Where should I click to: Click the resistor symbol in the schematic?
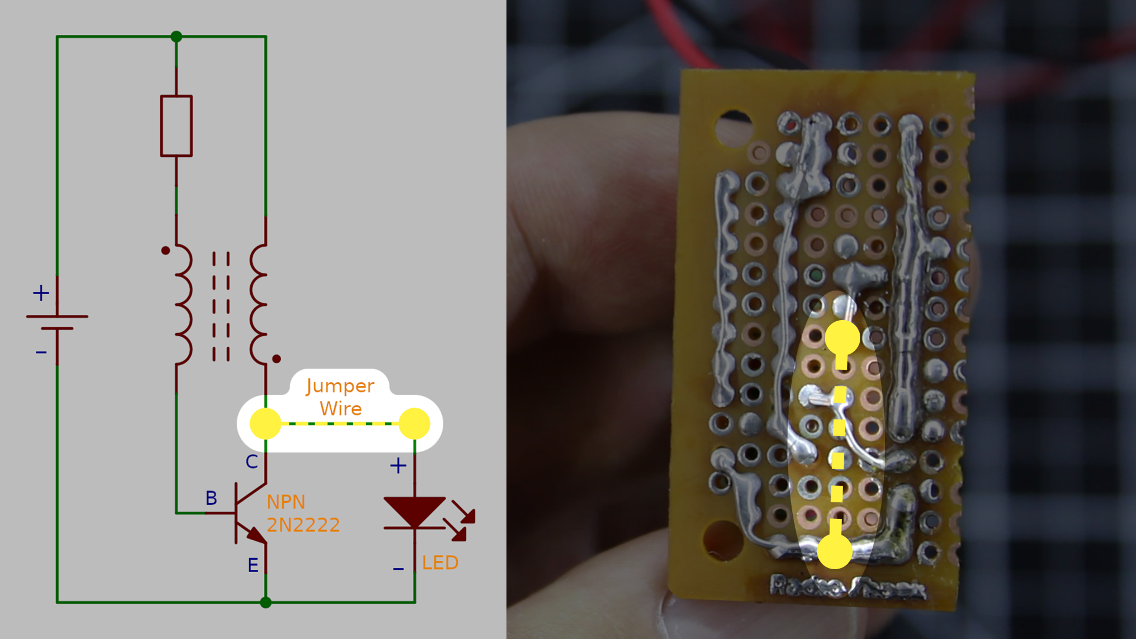point(176,126)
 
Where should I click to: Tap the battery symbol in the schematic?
point(57,322)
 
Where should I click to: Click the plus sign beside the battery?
point(41,293)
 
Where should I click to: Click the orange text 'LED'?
point(440,563)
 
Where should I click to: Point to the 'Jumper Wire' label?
point(340,397)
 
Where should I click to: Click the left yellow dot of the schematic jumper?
point(266,424)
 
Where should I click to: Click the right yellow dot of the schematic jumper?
point(414,424)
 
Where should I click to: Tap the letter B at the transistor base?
point(211,498)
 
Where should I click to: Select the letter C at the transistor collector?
point(251,462)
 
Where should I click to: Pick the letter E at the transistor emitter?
point(253,566)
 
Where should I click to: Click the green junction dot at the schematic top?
point(176,37)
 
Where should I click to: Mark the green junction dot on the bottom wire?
point(266,602)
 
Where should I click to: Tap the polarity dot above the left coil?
point(166,251)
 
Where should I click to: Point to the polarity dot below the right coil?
point(276,359)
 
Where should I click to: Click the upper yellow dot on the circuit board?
point(842,338)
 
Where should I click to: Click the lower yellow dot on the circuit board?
point(835,551)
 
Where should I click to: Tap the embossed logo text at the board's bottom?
point(847,588)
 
